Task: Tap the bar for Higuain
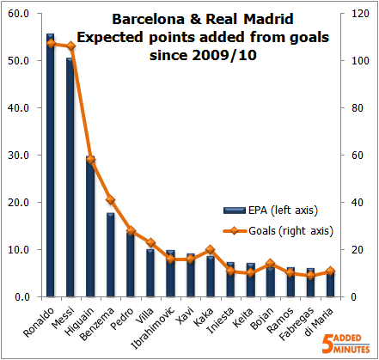[90, 228]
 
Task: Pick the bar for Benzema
[110, 254]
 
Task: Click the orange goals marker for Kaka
[210, 249]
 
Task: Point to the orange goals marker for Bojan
[270, 264]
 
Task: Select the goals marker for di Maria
[330, 271]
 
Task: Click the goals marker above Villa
[150, 243]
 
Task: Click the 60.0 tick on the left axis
[18, 14]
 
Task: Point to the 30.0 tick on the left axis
[18, 156]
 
